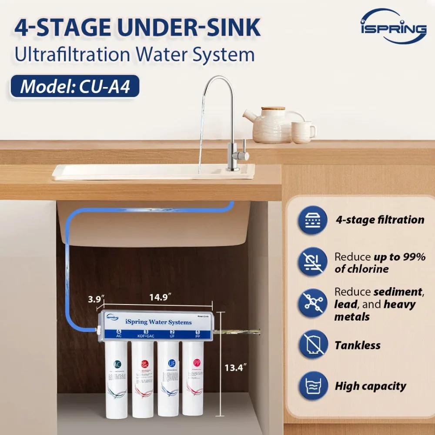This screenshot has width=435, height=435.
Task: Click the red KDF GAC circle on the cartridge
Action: [144, 364]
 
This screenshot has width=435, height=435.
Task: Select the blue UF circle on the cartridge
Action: [171, 363]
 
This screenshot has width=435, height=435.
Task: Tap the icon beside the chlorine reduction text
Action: [313, 262]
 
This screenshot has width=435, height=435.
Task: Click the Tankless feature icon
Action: [313, 345]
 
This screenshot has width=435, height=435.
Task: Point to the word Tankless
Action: [357, 345]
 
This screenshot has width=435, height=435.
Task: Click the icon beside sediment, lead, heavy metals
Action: [313, 304]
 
